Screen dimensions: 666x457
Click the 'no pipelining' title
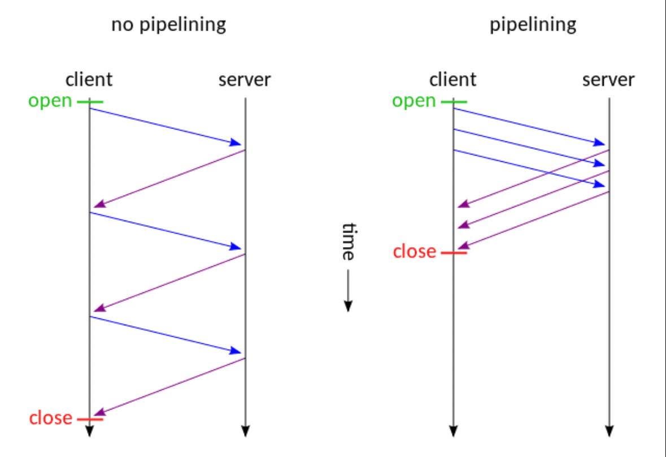(x=169, y=25)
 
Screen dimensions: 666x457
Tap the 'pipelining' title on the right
(x=533, y=25)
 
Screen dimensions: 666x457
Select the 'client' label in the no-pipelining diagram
(x=89, y=80)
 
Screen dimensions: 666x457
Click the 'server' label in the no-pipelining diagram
(x=245, y=80)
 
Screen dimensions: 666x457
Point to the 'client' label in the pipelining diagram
(x=453, y=80)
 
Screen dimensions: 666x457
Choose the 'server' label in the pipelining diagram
(x=608, y=80)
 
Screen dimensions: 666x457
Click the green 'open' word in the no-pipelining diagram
(x=50, y=102)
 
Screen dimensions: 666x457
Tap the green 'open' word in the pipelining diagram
(x=413, y=102)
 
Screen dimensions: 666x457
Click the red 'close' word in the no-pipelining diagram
(x=50, y=418)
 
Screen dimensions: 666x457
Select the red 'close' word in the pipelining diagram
(x=415, y=251)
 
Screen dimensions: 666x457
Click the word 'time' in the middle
(x=349, y=242)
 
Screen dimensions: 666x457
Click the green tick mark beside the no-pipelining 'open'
(x=90, y=102)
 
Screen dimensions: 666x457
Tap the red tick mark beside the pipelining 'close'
(x=454, y=253)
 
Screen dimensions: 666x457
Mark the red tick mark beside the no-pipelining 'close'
(x=90, y=420)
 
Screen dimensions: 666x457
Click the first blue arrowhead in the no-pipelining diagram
(x=236, y=143)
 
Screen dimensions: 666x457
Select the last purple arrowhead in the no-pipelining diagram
(x=99, y=412)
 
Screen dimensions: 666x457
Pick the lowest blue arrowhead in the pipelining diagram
(x=599, y=184)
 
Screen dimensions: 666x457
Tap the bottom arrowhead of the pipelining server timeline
(x=610, y=431)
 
